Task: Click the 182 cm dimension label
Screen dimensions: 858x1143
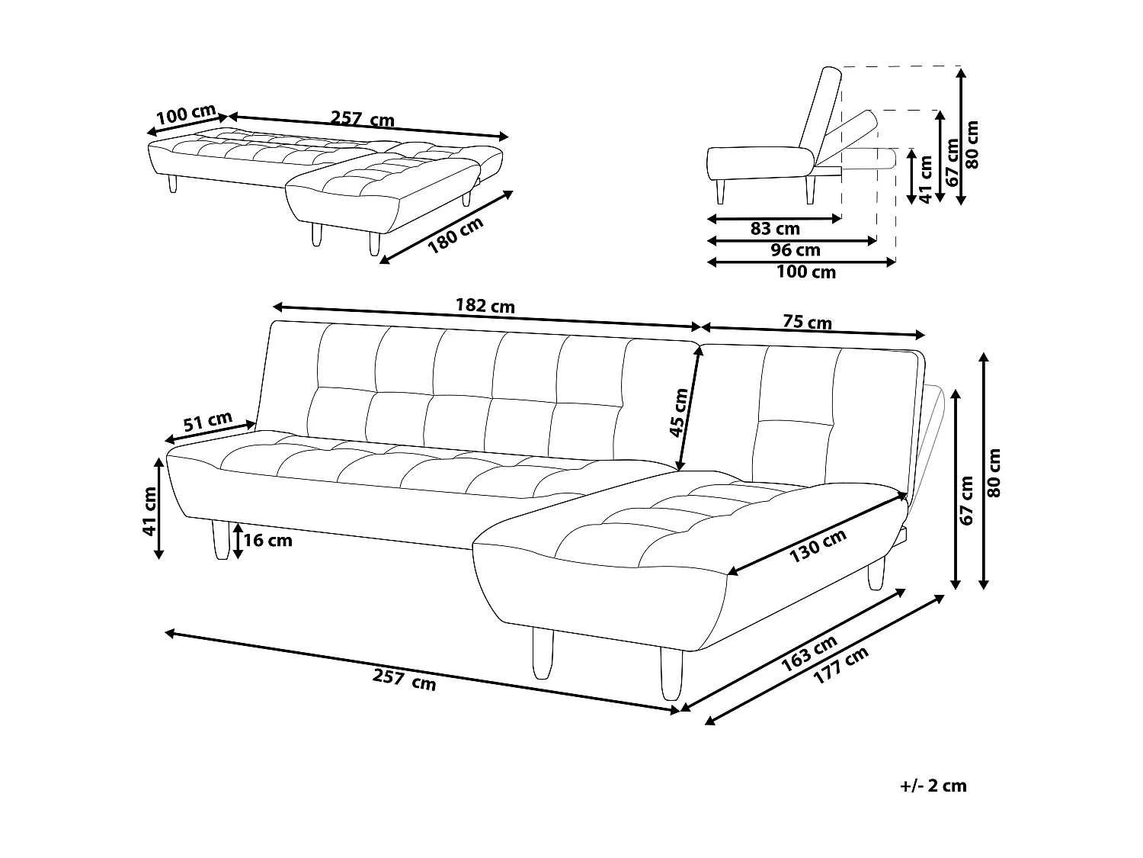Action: pos(485,306)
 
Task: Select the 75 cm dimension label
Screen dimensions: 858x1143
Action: pos(808,323)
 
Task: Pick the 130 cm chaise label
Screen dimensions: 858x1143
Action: pos(817,546)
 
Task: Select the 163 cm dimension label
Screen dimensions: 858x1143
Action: pos(809,654)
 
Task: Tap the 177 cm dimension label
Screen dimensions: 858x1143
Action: pos(841,665)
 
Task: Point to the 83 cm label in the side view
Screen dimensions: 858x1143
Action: pos(775,228)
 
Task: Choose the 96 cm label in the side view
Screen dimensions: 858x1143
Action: pos(796,250)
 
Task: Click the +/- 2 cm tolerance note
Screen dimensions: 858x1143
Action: pos(933,786)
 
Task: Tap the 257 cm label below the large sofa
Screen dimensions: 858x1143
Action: pos(405,680)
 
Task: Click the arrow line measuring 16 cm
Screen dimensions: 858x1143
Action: pos(239,541)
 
